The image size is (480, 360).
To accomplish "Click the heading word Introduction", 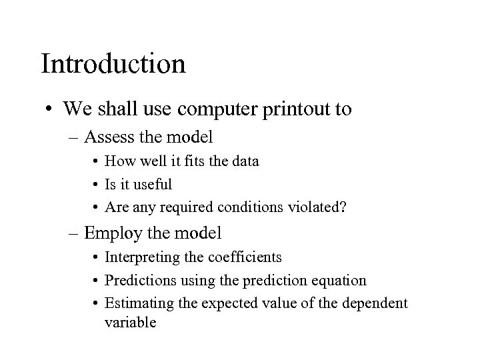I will [113, 64].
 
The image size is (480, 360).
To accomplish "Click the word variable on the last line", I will [131, 323].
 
